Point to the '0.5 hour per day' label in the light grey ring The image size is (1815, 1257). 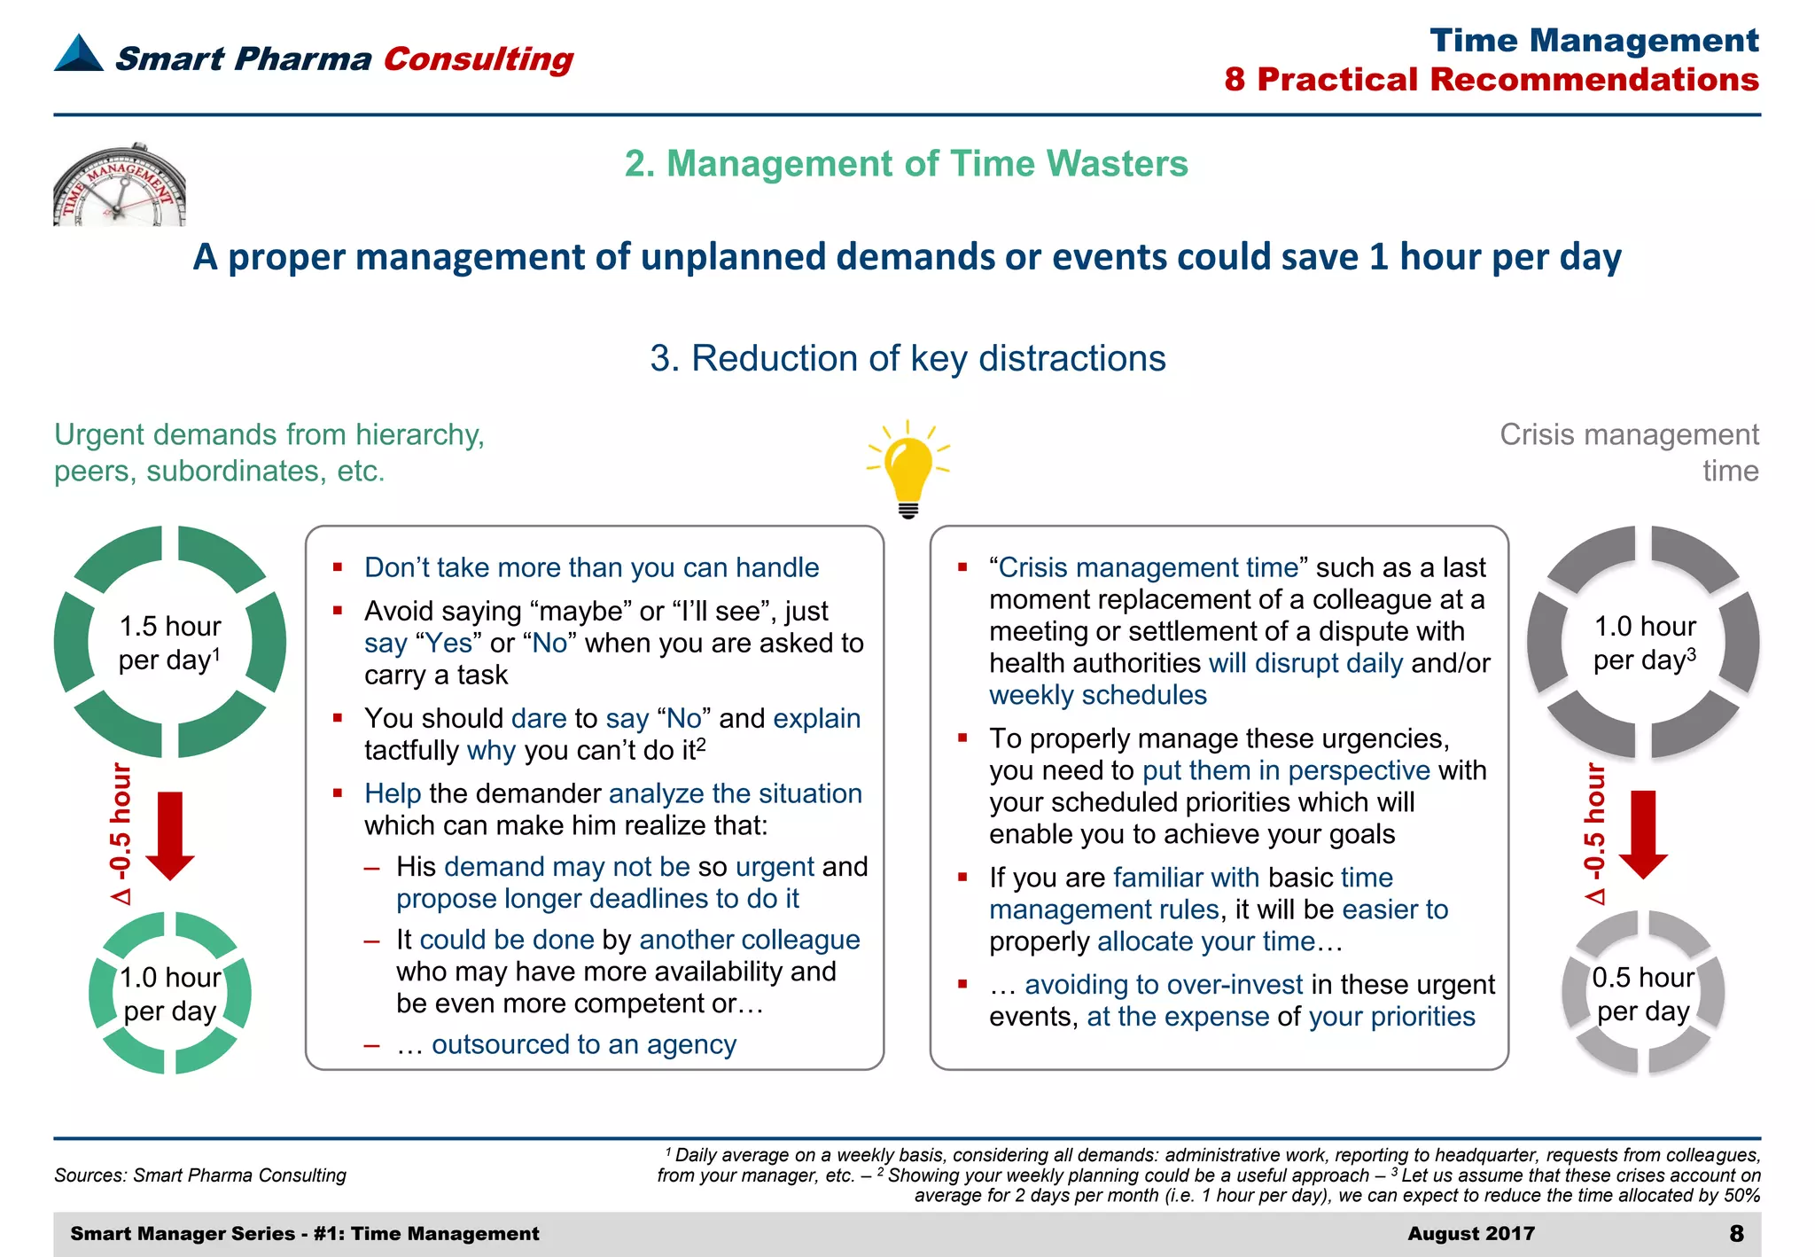1643,994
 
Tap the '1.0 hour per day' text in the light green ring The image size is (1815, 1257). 169,994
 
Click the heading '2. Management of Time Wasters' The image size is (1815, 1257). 906,164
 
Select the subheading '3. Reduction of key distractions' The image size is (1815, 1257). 907,359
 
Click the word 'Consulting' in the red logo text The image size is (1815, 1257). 479,59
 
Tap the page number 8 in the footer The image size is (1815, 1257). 1736,1233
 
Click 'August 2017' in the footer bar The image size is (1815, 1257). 1470,1233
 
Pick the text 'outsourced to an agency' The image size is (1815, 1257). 583,1045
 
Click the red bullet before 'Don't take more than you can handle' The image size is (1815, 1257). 338,566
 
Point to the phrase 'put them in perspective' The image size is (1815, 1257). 1286,770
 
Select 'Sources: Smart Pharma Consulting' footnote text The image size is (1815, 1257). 200,1175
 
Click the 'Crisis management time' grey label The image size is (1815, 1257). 1629,452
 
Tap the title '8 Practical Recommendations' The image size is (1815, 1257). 1492,80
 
